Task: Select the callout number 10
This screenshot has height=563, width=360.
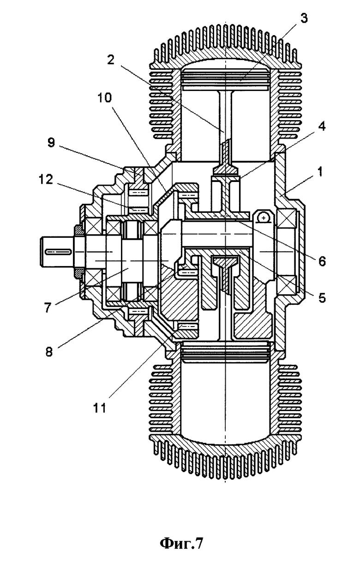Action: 106,98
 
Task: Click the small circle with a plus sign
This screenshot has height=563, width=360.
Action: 263,216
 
